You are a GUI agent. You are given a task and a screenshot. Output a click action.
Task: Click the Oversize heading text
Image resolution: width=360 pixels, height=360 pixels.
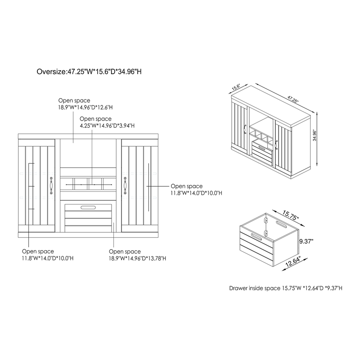point(89,72)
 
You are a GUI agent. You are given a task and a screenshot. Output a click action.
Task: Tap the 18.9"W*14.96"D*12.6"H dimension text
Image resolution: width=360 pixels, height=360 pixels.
point(85,108)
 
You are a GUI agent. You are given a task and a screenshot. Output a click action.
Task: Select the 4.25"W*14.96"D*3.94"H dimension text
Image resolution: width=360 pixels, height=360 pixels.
point(107,126)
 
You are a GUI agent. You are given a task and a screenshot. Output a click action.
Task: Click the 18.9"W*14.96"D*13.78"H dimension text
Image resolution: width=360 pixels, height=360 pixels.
point(138,258)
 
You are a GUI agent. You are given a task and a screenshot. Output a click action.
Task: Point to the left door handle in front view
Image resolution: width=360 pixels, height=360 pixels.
point(51,186)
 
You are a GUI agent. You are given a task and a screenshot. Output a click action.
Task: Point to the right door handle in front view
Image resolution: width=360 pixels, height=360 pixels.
point(125,186)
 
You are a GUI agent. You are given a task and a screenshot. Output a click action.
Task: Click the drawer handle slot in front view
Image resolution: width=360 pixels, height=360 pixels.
point(88,207)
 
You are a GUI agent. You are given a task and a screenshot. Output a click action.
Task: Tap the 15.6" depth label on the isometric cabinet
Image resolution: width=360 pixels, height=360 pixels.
point(236,87)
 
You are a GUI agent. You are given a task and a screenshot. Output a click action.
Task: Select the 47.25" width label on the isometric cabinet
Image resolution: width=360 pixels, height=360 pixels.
point(293,99)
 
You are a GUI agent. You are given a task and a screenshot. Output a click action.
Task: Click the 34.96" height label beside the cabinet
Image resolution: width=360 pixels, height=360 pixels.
point(315,135)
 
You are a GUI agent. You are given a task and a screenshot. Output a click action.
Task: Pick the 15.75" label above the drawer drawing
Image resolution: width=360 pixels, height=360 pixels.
point(290,215)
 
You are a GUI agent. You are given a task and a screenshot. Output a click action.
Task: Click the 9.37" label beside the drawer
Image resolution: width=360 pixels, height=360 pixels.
point(306,241)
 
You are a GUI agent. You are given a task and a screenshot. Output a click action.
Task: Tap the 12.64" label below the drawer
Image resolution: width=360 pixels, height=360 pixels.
point(293,262)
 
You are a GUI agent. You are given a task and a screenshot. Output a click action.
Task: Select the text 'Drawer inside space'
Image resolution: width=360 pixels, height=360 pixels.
point(255,288)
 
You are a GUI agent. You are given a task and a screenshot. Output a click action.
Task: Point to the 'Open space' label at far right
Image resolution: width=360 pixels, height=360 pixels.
point(187,186)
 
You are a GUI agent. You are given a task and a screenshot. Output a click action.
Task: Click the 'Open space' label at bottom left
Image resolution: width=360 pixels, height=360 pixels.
point(38,252)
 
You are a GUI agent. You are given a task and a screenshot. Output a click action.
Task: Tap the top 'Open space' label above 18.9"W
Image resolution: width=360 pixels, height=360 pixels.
point(74,100)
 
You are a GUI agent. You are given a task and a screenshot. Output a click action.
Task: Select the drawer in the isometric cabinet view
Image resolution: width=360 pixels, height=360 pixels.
point(262,152)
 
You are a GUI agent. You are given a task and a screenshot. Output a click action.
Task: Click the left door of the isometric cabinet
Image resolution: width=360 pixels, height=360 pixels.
point(240,129)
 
